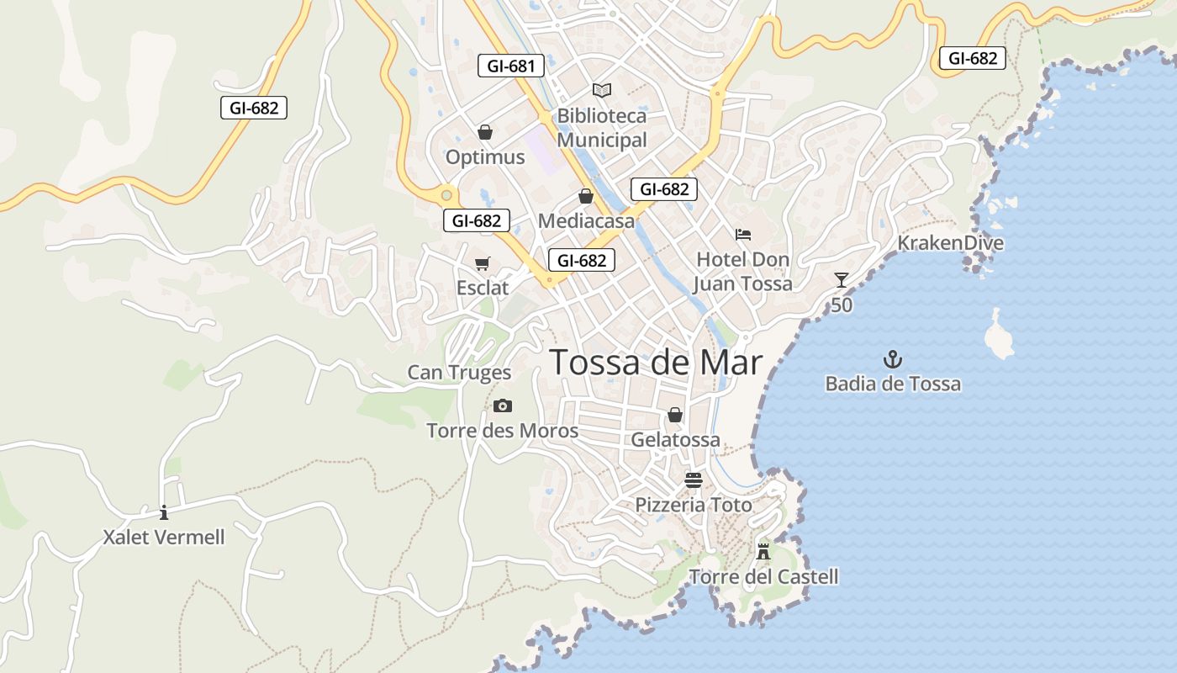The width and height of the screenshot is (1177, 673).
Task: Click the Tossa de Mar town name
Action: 656,363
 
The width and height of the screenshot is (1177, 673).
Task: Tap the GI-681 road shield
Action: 510,66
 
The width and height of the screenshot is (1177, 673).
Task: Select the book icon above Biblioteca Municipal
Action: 602,90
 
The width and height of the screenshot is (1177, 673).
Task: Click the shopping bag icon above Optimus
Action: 484,132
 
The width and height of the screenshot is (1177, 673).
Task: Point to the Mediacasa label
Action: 586,221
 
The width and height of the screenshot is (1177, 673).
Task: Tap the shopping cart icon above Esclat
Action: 483,264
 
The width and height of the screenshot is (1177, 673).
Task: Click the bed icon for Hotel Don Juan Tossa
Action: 742,234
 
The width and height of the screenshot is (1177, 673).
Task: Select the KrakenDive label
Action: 950,243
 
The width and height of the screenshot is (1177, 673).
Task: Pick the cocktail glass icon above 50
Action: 842,279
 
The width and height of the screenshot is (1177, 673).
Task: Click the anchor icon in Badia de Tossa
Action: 892,360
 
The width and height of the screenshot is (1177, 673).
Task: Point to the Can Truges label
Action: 459,373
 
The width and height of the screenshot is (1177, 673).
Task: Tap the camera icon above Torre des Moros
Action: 503,406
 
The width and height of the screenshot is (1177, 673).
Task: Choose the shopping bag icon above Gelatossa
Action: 675,415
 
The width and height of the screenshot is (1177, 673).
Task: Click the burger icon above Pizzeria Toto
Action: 694,480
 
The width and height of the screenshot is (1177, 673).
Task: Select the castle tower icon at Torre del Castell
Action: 763,552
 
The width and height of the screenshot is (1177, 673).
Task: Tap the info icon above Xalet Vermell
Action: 164,511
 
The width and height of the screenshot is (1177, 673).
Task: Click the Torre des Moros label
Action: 503,432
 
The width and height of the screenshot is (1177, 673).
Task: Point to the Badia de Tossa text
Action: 892,384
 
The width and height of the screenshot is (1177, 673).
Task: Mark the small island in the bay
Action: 998,336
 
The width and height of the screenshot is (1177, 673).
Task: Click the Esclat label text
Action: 483,288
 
